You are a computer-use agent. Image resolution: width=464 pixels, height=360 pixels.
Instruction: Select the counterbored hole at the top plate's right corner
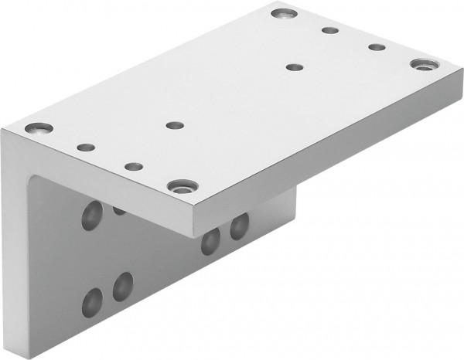[x=422, y=64]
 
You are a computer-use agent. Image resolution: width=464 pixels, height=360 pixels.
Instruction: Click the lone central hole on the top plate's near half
[x=173, y=124]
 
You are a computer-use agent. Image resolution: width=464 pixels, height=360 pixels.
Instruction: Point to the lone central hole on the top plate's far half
[x=293, y=67]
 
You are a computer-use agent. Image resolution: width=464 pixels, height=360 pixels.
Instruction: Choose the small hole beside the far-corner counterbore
[x=330, y=31]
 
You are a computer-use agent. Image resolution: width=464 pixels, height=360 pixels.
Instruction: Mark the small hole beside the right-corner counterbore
[x=377, y=47]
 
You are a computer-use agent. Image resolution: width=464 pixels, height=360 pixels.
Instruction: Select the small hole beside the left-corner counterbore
[x=86, y=146]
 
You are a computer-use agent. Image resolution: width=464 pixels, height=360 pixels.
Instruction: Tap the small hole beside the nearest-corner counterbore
[x=133, y=165]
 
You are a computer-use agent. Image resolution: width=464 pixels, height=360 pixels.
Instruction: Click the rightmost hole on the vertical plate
[x=239, y=226]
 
